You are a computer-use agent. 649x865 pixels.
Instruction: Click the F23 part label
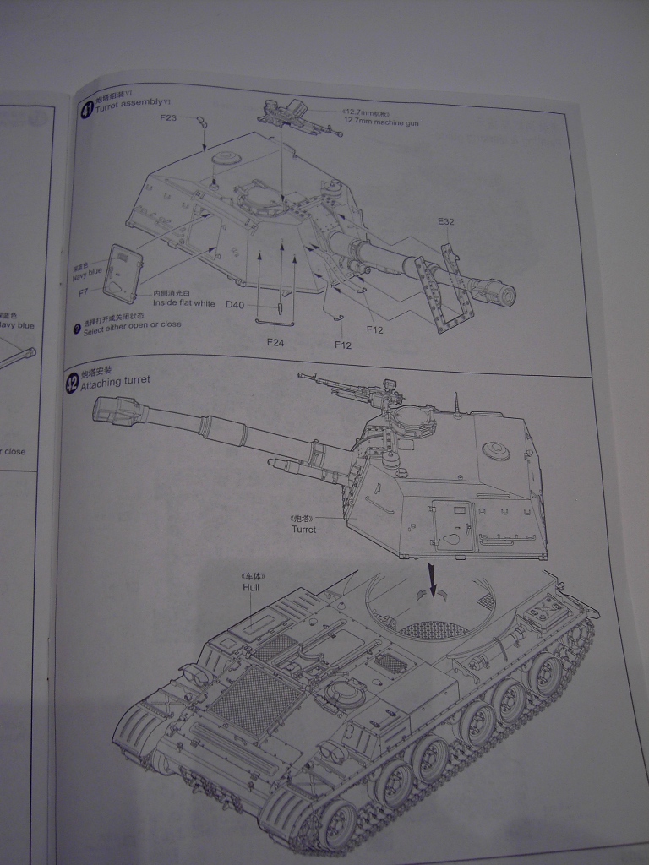(169, 118)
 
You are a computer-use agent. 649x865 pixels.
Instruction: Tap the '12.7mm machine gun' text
(380, 122)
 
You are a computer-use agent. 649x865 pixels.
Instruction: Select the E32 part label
(446, 222)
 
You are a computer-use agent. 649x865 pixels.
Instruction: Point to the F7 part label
(84, 292)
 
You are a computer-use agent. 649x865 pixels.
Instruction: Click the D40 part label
(235, 303)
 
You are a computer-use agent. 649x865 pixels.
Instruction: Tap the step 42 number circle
(73, 384)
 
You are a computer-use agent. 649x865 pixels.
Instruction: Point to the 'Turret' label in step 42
(303, 530)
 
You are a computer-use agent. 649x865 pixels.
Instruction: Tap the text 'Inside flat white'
(184, 302)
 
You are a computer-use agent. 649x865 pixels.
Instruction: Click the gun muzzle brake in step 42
(110, 411)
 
